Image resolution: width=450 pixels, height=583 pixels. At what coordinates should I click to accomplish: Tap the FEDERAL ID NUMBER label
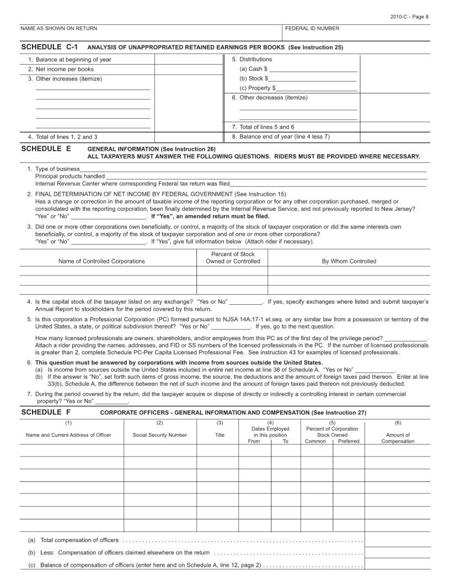point(312,28)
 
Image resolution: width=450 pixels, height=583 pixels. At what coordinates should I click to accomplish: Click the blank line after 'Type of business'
point(254,168)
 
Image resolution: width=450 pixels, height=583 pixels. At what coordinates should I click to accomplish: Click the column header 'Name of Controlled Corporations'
point(101,261)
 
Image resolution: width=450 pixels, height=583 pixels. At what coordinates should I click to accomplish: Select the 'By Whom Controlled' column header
point(349,261)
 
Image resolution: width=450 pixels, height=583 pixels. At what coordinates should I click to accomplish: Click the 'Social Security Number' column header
point(160,435)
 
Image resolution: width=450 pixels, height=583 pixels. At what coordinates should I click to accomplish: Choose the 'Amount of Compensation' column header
point(398,438)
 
